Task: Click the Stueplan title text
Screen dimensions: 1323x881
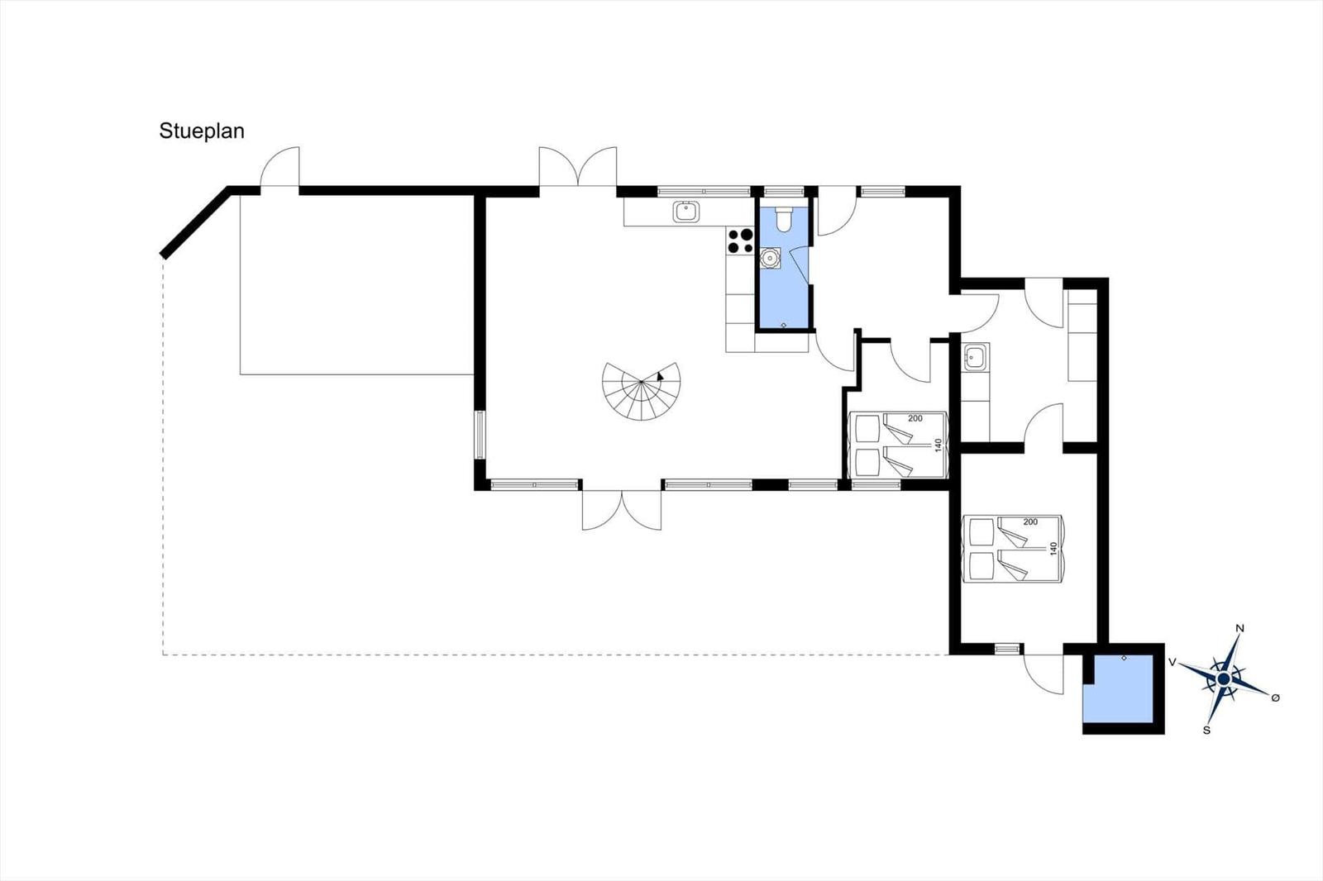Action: [x=202, y=131]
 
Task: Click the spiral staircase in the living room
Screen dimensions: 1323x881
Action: [x=642, y=391]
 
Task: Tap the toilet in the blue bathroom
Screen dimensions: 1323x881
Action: [x=785, y=219]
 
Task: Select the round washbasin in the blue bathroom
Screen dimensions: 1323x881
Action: [x=770, y=259]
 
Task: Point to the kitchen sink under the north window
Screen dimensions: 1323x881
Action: [x=685, y=212]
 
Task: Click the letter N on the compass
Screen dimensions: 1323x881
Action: [x=1240, y=628]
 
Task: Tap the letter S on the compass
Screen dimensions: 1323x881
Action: [x=1206, y=731]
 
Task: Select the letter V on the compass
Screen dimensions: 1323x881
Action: [x=1173, y=663]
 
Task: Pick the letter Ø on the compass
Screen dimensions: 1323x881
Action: [x=1275, y=698]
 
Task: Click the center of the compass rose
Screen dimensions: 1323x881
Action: [x=1224, y=679]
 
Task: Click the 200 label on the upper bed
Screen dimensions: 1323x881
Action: [x=915, y=419]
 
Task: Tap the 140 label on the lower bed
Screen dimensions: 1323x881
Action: [x=1053, y=549]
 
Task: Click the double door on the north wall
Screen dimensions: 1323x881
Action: [x=578, y=167]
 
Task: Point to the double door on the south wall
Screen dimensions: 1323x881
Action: [x=622, y=510]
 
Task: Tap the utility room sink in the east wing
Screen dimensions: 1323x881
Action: [x=974, y=358]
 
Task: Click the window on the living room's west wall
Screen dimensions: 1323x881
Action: [x=480, y=436]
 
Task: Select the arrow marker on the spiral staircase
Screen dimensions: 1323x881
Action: [x=660, y=375]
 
